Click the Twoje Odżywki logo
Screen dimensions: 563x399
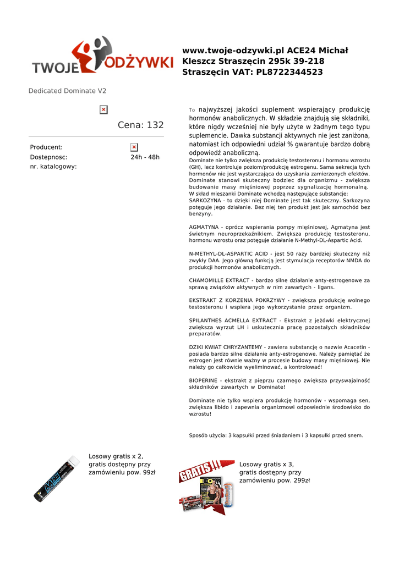102,57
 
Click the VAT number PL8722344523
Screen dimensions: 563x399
289,72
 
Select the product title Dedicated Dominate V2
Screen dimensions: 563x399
67,91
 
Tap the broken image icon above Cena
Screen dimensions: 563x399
103,110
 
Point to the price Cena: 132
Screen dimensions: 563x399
141,125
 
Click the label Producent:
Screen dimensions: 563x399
46,147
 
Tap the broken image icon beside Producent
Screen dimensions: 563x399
134,147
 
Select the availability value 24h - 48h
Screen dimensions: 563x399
145,157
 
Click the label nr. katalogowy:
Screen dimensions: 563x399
53,167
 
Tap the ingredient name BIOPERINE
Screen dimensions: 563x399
203,380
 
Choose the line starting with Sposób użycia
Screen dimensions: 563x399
276,435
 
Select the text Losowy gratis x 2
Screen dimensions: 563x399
116,456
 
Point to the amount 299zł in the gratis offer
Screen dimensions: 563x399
299,480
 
